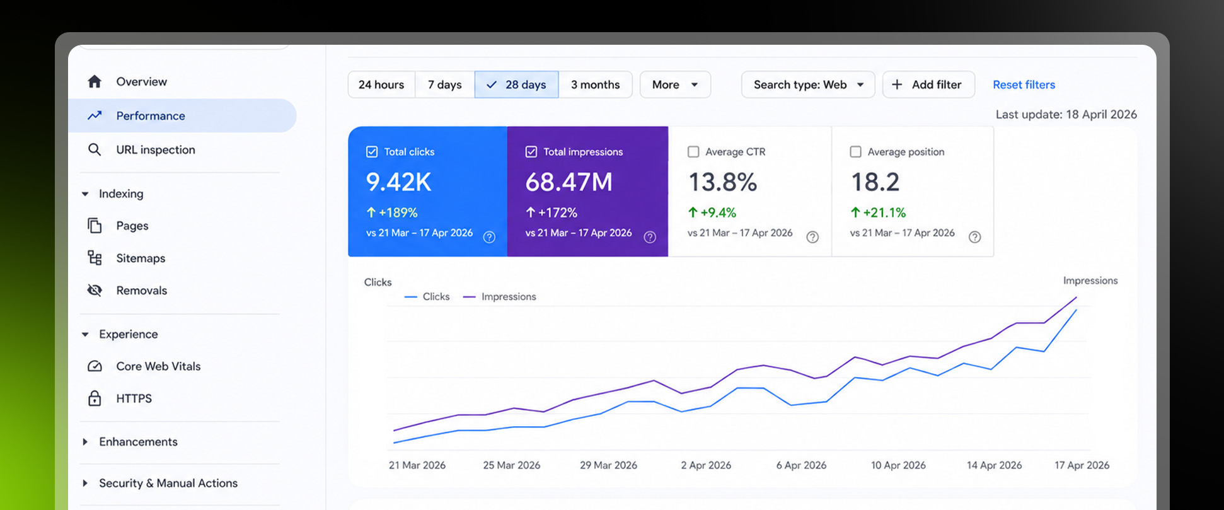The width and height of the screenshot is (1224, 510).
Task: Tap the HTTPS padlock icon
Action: [x=95, y=398]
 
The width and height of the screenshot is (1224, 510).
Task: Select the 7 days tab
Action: [x=445, y=84]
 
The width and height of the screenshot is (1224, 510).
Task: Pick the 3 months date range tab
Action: [x=596, y=84]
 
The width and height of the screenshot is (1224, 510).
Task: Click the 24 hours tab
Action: [x=381, y=84]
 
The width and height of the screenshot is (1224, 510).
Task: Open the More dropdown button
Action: [x=675, y=84]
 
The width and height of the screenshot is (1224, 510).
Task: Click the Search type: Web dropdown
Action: [x=808, y=84]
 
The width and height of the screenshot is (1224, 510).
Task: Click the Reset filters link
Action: [x=1024, y=84]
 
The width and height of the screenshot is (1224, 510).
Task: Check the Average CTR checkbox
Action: [x=693, y=152]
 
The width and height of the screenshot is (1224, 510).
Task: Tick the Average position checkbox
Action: [x=855, y=152]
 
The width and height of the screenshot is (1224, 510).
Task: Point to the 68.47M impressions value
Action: [x=569, y=182]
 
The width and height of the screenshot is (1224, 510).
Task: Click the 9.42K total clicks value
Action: [x=398, y=182]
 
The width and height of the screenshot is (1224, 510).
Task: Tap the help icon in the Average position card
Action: [x=974, y=237]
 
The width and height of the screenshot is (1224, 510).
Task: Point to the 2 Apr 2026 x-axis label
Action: [x=706, y=465]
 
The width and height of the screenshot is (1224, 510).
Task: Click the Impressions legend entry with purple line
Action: [x=499, y=297]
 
